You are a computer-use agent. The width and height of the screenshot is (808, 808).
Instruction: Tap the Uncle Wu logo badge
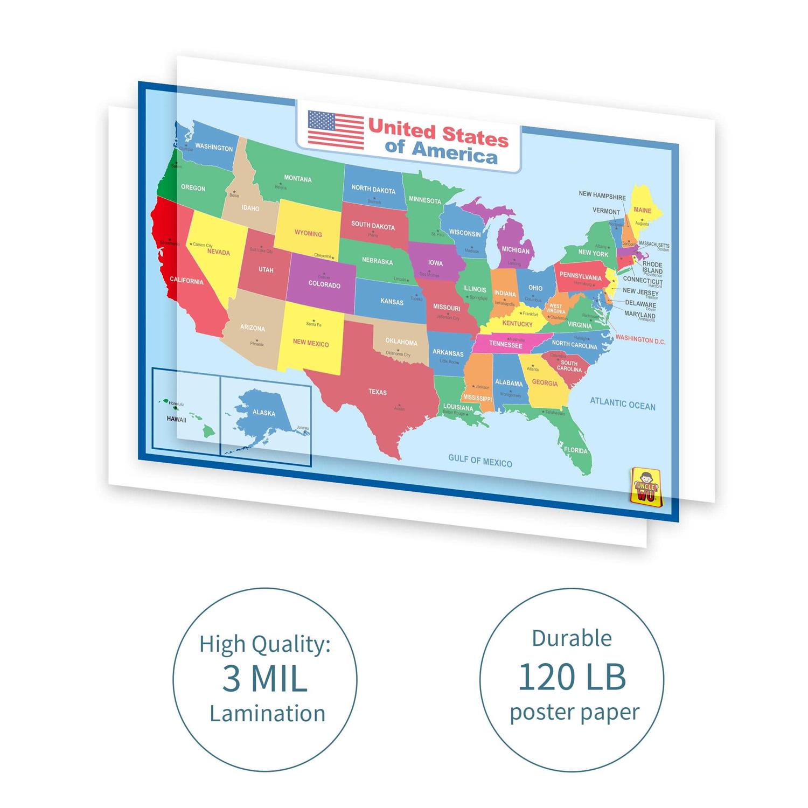[x=645, y=486]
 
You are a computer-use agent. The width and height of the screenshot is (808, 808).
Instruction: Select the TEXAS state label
[x=378, y=392]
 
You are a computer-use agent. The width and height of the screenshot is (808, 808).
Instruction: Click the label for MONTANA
[x=298, y=179]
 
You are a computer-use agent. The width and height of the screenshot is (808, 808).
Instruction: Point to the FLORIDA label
[x=575, y=450]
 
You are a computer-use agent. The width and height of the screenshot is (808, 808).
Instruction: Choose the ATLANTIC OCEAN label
[x=622, y=404]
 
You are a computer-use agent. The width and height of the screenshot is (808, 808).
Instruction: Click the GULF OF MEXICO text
[x=480, y=461]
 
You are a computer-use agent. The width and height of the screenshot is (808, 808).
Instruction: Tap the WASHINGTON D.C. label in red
[x=640, y=340]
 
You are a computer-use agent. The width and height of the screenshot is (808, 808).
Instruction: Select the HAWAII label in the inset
[x=176, y=419]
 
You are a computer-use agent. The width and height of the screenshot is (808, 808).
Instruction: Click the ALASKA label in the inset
[x=264, y=413]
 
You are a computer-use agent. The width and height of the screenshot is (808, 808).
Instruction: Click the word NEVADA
[x=218, y=252]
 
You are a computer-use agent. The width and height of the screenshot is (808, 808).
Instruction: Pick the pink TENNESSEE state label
[x=505, y=344]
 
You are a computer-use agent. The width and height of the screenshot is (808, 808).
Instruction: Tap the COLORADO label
[x=324, y=284]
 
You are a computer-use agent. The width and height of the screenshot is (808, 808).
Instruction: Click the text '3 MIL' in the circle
[x=264, y=679]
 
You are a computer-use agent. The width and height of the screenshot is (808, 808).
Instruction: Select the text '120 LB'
[x=572, y=677]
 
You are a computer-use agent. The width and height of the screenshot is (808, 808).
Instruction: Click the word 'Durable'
[x=572, y=638]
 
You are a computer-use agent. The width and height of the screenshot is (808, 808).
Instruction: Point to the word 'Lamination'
[x=267, y=714]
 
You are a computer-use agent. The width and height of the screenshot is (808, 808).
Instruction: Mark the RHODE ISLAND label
[x=652, y=267]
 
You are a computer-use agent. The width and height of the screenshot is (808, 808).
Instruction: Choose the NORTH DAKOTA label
[x=373, y=190]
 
